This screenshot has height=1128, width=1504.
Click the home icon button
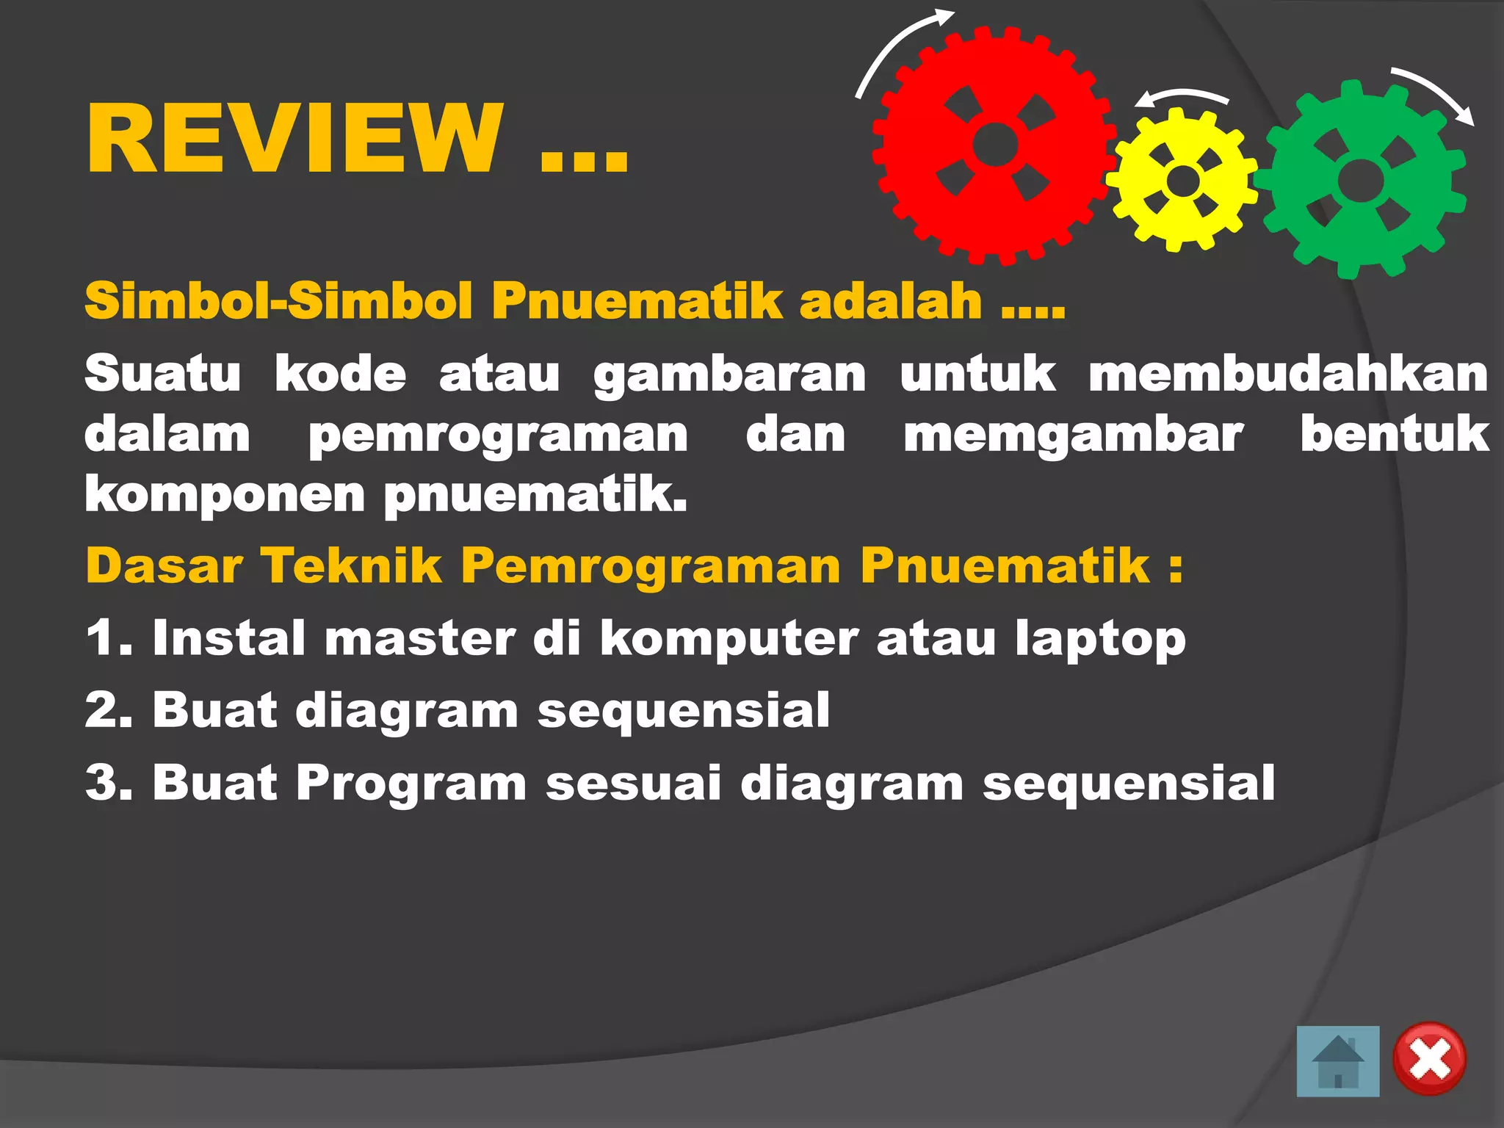pyautogui.click(x=1337, y=1061)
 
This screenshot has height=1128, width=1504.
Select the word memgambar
pyautogui.click(x=1073, y=435)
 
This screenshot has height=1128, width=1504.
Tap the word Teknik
pyautogui.click(x=352, y=566)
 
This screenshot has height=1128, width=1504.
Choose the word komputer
pyautogui.click(x=728, y=639)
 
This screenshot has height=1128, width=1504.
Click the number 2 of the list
pyautogui.click(x=103, y=710)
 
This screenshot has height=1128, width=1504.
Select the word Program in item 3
pyautogui.click(x=411, y=782)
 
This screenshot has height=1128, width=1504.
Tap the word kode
pyautogui.click(x=340, y=375)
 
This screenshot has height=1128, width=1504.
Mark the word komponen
pyautogui.click(x=225, y=496)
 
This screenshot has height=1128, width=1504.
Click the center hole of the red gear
pyautogui.click(x=995, y=145)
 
